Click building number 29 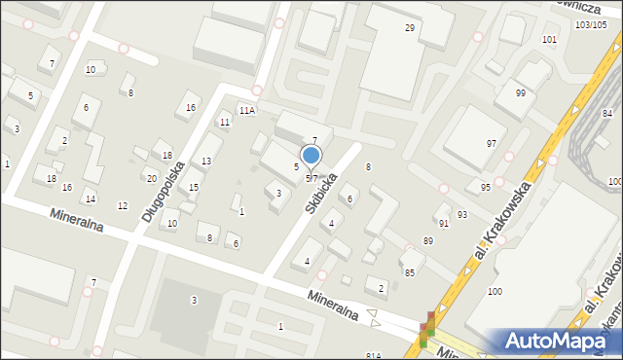coord(410,28)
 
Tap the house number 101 coord(550,40)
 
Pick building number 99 coord(521,92)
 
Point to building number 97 coord(492,143)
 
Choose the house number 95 coord(485,187)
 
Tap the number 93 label coord(461,214)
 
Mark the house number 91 coord(444,223)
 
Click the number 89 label coord(427,240)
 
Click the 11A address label coord(247,111)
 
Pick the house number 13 coord(206,161)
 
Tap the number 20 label coord(151,178)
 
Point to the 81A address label coord(374,356)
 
